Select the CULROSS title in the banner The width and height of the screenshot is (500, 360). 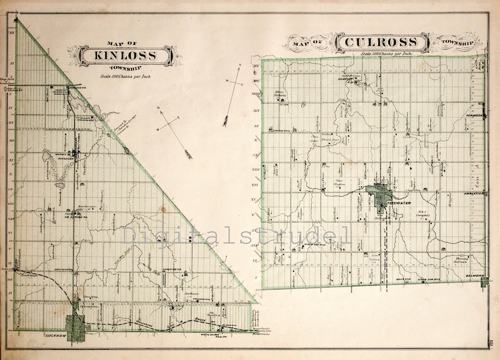click(x=381, y=43)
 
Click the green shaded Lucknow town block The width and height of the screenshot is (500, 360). click(x=75, y=328)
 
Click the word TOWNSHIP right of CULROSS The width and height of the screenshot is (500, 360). click(x=457, y=43)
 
